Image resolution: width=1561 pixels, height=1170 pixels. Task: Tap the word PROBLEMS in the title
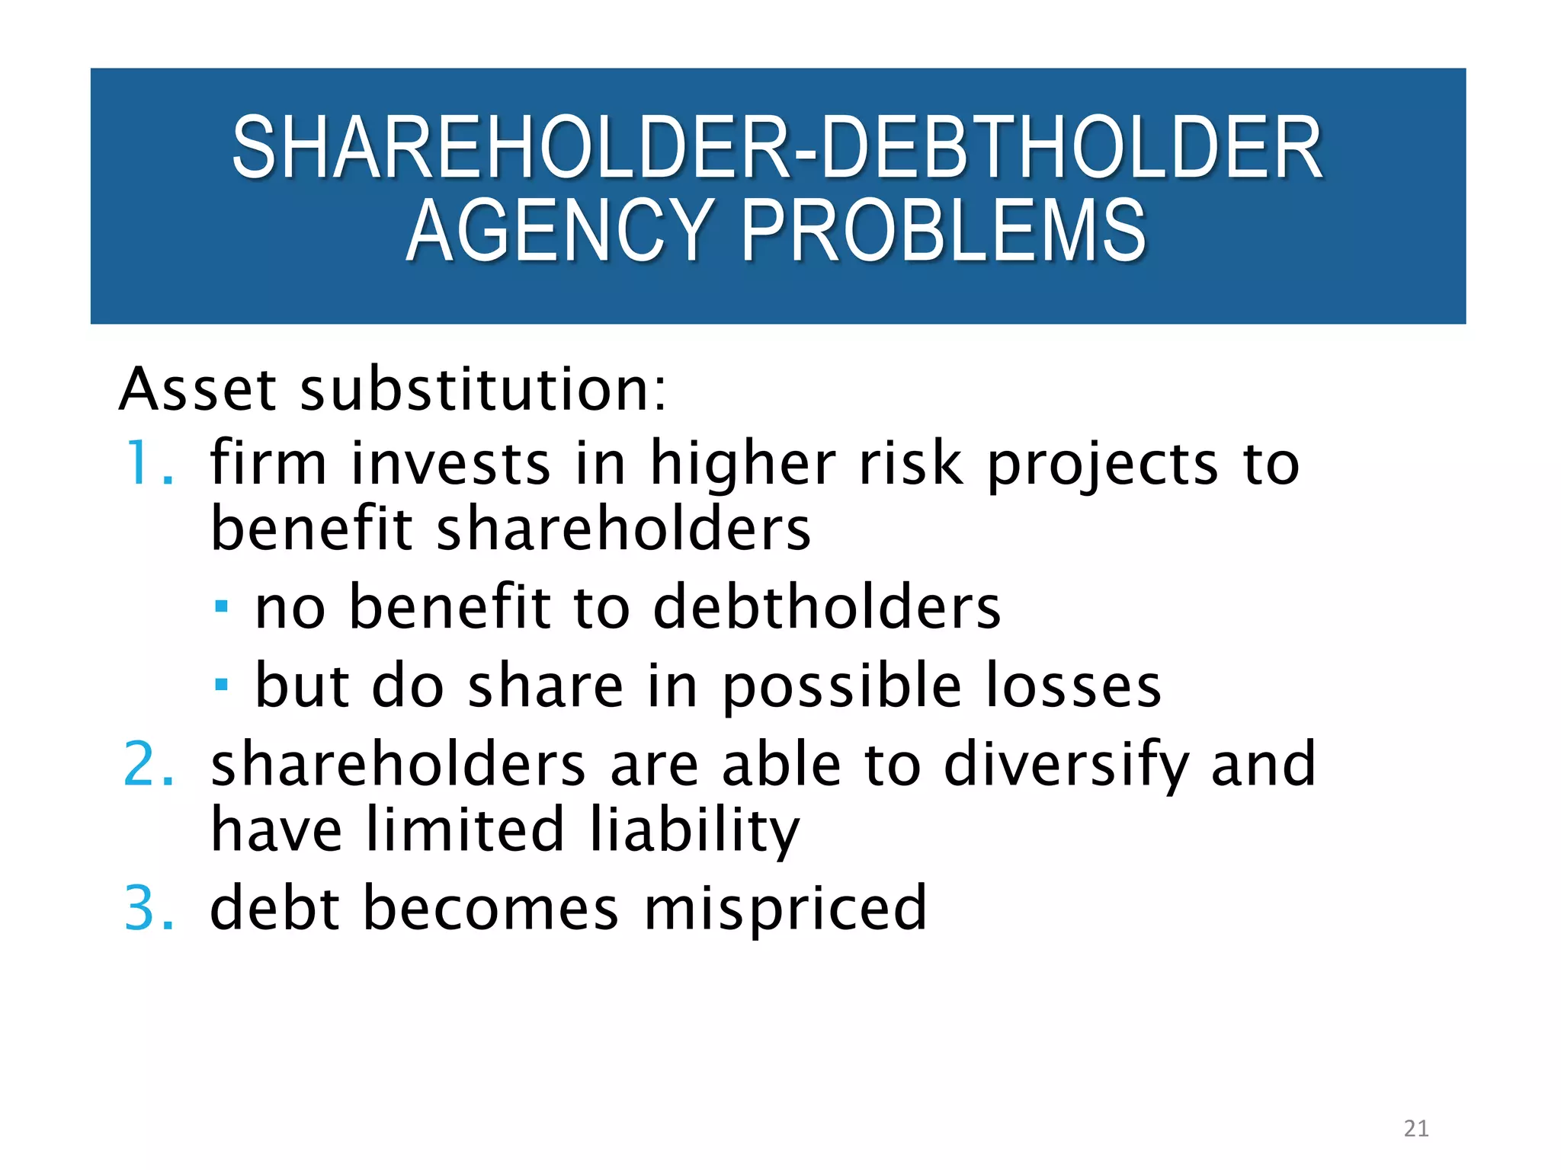[x=944, y=230]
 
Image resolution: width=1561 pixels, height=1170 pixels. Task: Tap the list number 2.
[x=148, y=764]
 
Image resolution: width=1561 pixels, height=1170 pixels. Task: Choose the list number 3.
[x=148, y=908]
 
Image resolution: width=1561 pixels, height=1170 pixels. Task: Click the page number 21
[x=1415, y=1128]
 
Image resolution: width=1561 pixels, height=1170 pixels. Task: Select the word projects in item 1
[x=1103, y=465]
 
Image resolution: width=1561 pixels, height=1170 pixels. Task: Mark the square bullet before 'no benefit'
[x=221, y=607]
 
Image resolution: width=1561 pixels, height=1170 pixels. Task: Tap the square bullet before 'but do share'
[x=221, y=684]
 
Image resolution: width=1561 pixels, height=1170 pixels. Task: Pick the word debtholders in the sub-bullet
[x=827, y=607]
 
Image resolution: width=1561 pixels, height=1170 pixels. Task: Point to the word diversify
[x=1066, y=766]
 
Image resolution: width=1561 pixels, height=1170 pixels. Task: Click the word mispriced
[x=786, y=909]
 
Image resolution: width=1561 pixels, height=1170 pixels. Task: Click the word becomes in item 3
[x=491, y=908]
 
